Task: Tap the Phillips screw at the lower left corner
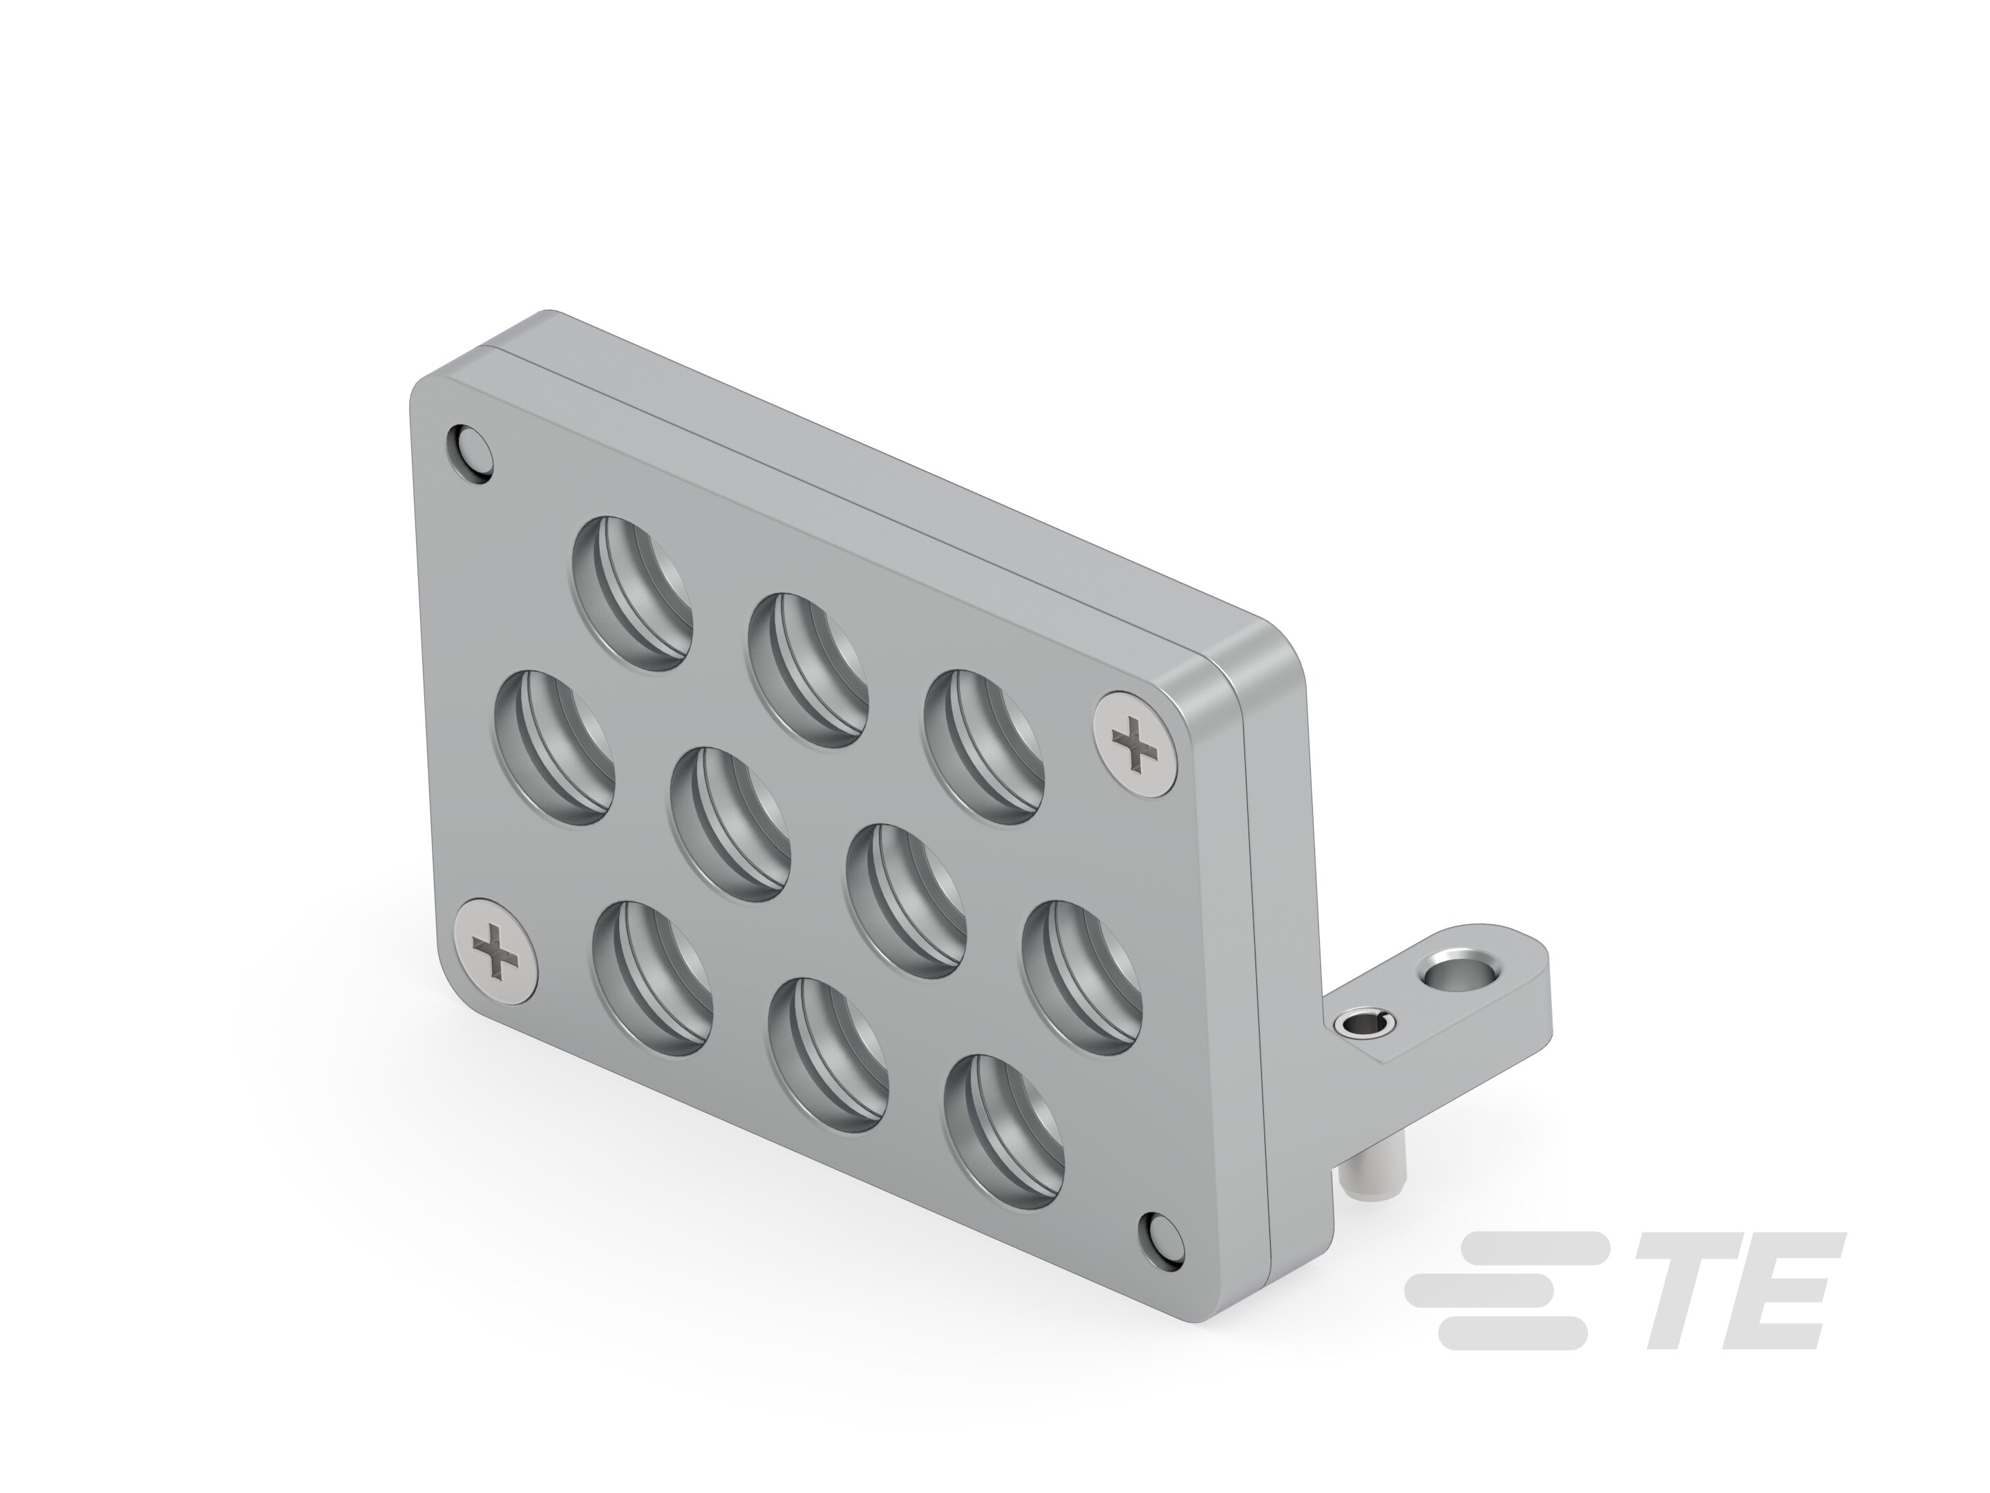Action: coord(497,951)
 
